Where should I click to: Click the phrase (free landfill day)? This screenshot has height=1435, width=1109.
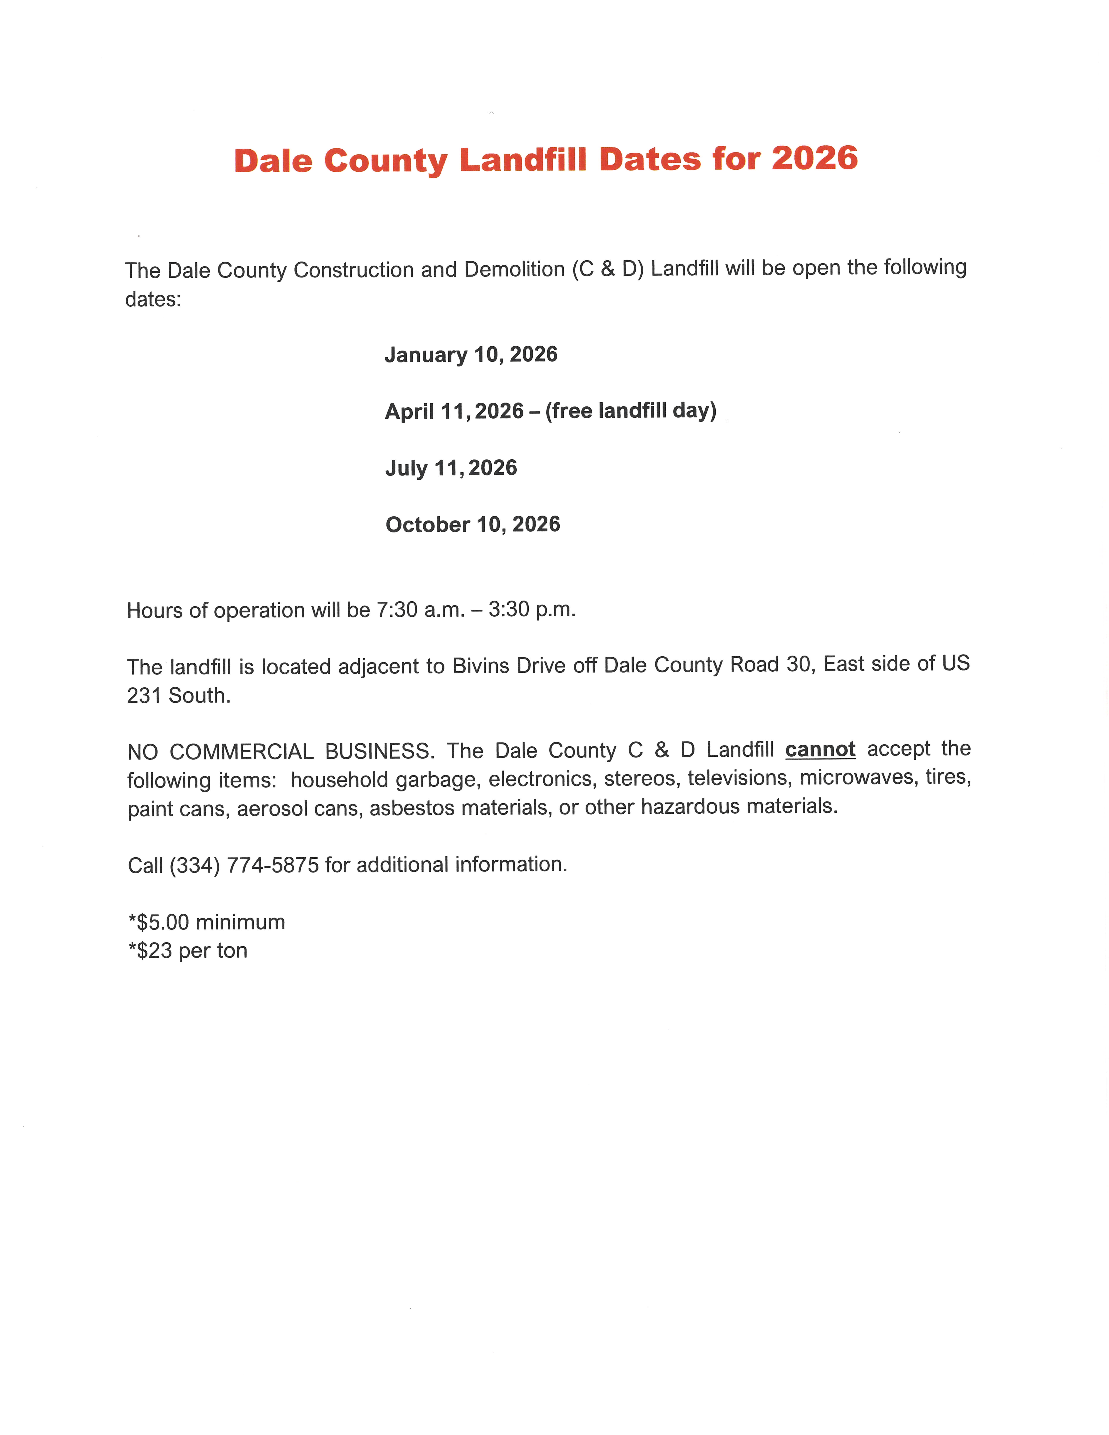coord(631,411)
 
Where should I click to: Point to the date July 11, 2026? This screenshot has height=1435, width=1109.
coord(451,468)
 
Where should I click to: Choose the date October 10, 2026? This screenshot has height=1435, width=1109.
coord(472,524)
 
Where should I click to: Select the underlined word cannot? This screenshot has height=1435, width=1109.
coord(820,749)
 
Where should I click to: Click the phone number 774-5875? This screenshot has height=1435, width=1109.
coord(273,865)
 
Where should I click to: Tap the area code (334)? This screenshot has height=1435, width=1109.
coord(194,865)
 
